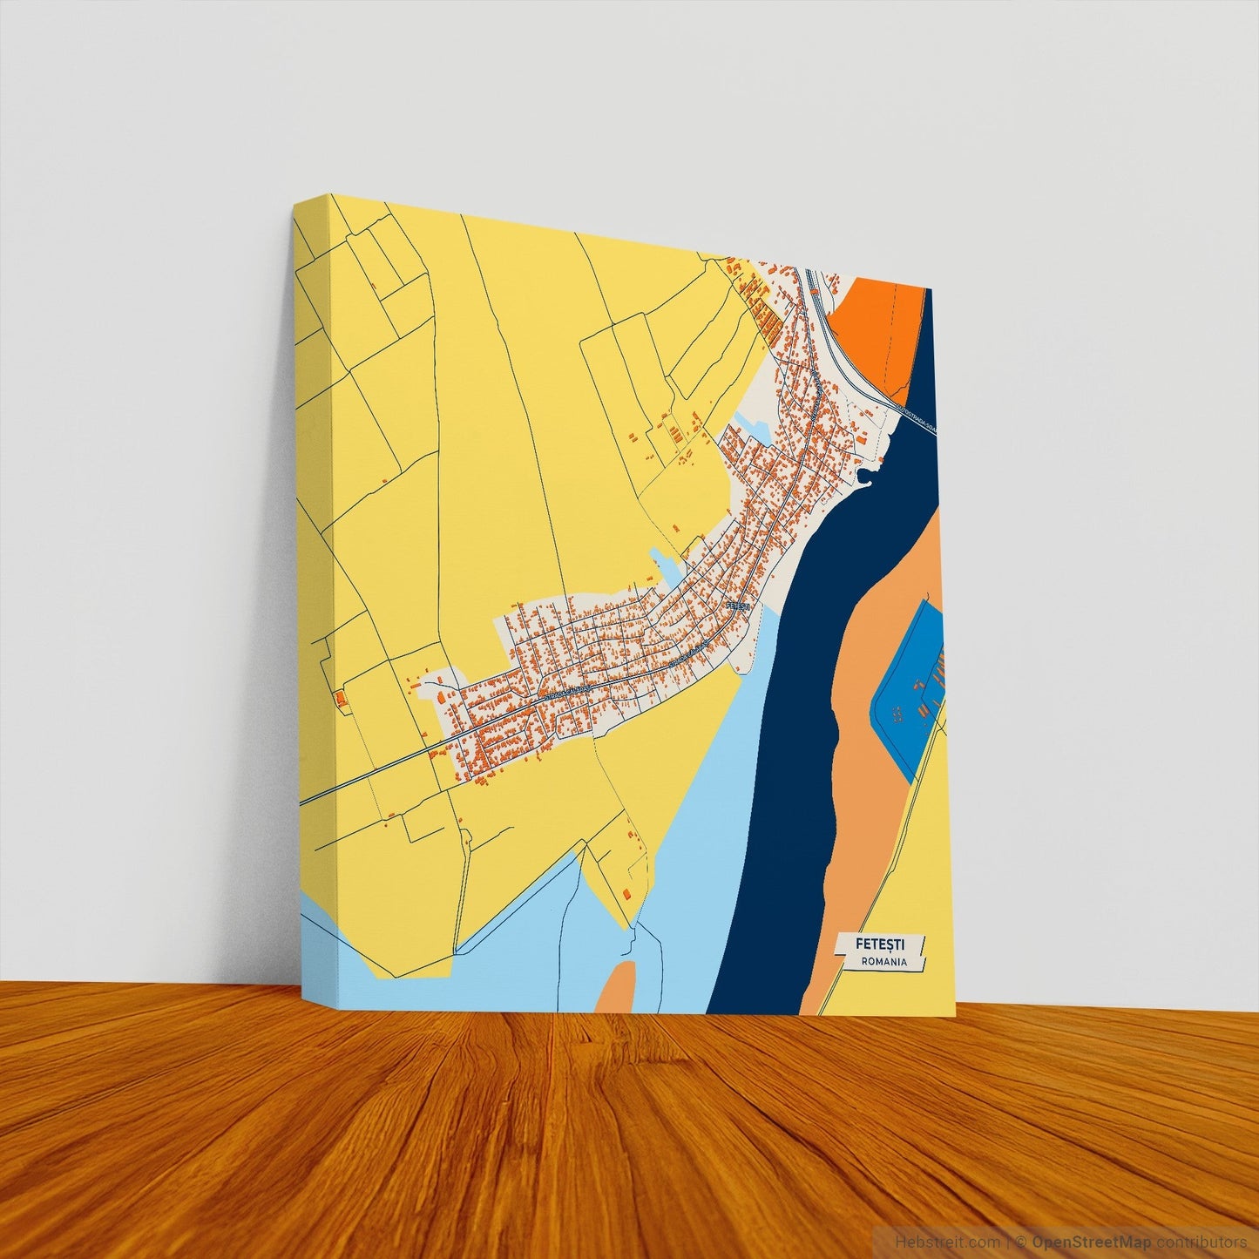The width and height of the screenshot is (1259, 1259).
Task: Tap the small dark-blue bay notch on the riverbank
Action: [x=865, y=475]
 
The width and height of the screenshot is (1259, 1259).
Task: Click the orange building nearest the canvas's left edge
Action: [x=338, y=697]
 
